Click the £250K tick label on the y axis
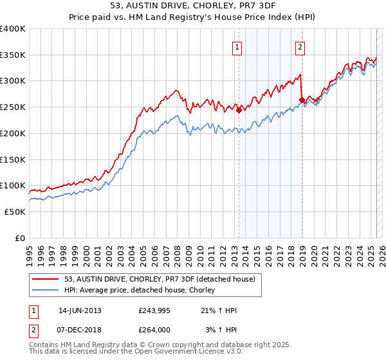(x=13, y=107)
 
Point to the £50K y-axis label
(x=15, y=212)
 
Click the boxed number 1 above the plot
(x=238, y=46)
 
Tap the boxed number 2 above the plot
(x=300, y=46)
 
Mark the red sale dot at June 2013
(x=239, y=110)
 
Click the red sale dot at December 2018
(x=302, y=100)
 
